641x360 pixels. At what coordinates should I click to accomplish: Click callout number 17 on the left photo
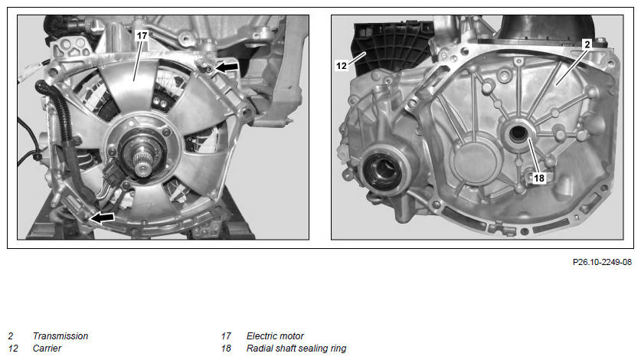pyautogui.click(x=142, y=35)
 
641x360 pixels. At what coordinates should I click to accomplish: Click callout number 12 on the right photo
pyautogui.click(x=342, y=65)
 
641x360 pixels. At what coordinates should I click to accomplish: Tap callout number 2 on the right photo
pyautogui.click(x=587, y=44)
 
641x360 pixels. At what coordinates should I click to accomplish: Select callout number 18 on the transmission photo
pyautogui.click(x=539, y=178)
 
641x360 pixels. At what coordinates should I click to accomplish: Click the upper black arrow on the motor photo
pyautogui.click(x=227, y=67)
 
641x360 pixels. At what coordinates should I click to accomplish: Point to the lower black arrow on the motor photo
pyautogui.click(x=102, y=218)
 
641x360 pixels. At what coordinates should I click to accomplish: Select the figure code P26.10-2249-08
pyautogui.click(x=602, y=262)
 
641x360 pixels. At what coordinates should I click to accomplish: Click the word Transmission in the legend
pyautogui.click(x=61, y=335)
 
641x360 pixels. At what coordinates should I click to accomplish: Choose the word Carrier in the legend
pyautogui.click(x=47, y=349)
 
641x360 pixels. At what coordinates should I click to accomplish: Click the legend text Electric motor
pyautogui.click(x=275, y=335)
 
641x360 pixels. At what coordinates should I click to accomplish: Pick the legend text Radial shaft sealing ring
pyautogui.click(x=296, y=349)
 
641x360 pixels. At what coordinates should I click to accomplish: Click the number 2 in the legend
pyautogui.click(x=11, y=335)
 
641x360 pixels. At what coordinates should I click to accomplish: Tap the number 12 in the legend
pyautogui.click(x=13, y=349)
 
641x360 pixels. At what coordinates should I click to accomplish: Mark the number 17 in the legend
pyautogui.click(x=226, y=335)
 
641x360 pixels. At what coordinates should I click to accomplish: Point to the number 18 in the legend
pyautogui.click(x=226, y=349)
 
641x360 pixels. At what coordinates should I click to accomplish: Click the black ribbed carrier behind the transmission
pyautogui.click(x=392, y=47)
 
